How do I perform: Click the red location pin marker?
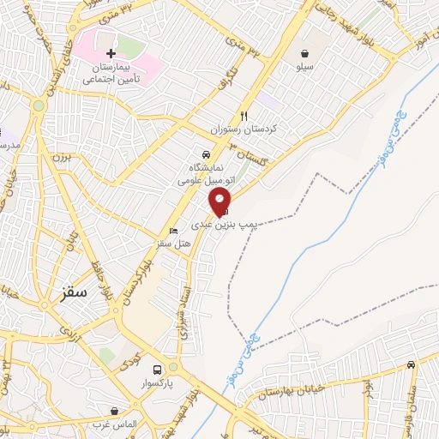220,201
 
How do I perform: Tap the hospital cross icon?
111,53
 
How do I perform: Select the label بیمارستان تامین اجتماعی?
111,72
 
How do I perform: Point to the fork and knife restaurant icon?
244,116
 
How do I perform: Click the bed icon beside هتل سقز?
173,232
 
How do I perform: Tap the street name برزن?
59,157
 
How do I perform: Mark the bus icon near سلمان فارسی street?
412,365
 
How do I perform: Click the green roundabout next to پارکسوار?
174,366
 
